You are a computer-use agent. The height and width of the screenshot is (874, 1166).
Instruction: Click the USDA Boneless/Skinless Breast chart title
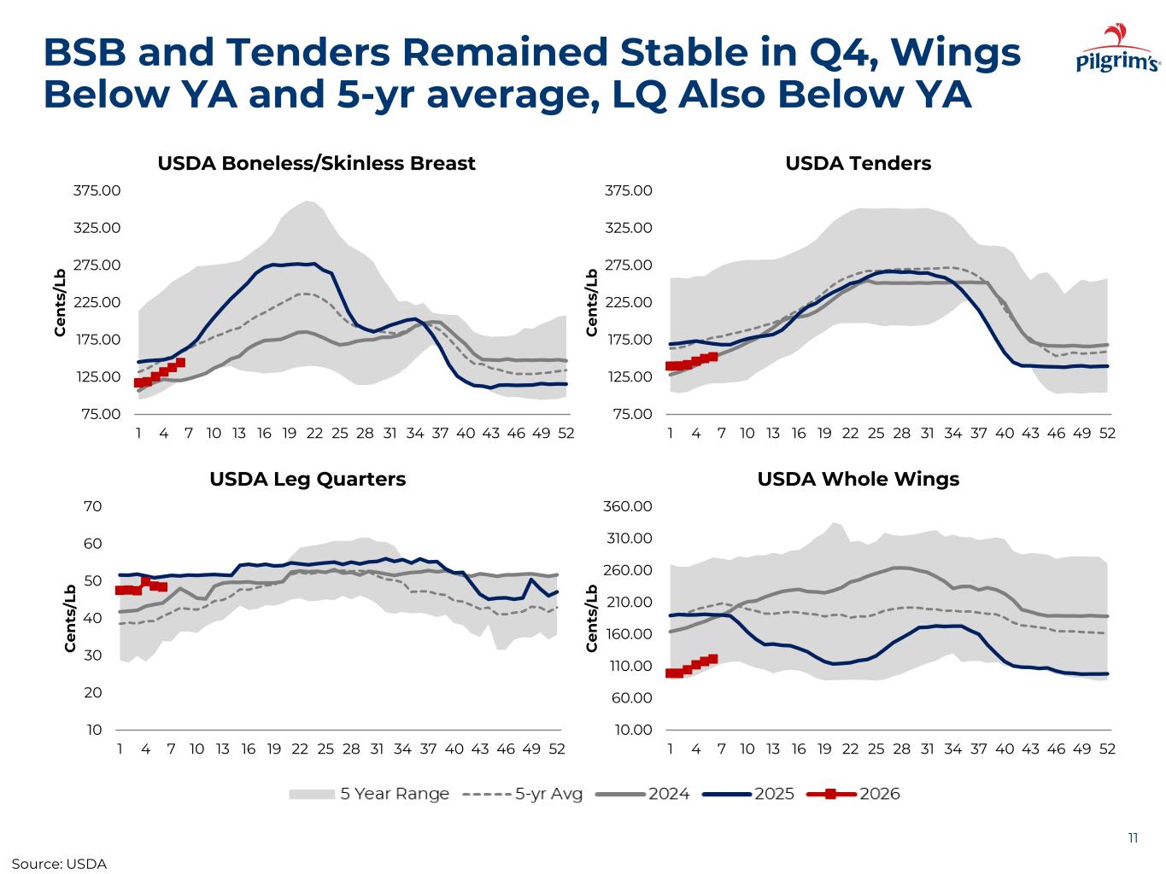[x=316, y=163]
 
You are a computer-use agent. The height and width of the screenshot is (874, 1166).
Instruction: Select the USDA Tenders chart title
[x=858, y=163]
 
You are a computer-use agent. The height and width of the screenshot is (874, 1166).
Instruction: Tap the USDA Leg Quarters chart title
[x=308, y=479]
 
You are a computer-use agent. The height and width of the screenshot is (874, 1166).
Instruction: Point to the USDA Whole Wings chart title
[x=858, y=479]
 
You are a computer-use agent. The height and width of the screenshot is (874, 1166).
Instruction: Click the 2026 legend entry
[x=854, y=794]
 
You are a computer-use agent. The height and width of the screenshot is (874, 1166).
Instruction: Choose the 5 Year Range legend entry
[x=369, y=794]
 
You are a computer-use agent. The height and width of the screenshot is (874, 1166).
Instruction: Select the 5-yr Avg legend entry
[x=523, y=794]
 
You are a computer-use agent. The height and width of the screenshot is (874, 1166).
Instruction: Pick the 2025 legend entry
[x=749, y=794]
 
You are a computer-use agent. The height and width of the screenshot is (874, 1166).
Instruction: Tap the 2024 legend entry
[x=643, y=794]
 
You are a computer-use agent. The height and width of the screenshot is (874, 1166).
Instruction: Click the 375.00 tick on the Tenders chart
[x=628, y=190]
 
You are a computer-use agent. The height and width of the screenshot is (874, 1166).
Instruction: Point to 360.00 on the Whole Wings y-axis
[x=628, y=506]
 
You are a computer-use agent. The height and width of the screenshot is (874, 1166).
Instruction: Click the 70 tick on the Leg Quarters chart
[x=93, y=506]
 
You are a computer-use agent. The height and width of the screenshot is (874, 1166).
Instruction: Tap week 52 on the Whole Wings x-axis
[x=1107, y=749]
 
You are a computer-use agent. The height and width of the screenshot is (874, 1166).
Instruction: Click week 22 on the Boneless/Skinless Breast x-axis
[x=314, y=433]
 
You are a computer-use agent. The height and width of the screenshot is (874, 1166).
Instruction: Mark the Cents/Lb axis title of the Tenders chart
[x=592, y=302]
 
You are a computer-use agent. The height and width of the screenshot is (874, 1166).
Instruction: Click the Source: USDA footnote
[x=59, y=864]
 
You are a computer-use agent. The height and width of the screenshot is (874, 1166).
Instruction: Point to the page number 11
[x=1133, y=837]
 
